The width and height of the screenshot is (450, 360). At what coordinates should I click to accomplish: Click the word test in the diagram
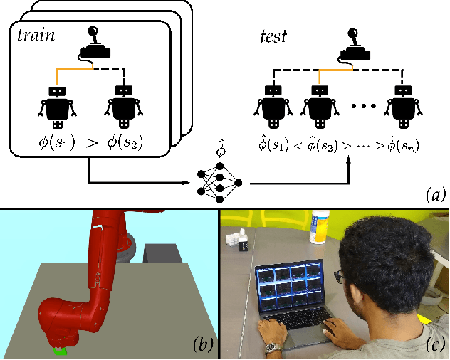click(x=273, y=36)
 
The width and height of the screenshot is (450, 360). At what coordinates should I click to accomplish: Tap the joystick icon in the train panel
click(x=93, y=43)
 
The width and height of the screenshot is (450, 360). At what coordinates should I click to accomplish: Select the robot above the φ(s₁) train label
click(x=58, y=106)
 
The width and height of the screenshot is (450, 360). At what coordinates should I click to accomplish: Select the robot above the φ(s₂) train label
click(x=125, y=106)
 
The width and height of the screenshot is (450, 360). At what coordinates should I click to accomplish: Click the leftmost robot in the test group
click(x=272, y=106)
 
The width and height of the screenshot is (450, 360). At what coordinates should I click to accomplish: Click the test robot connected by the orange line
click(x=317, y=106)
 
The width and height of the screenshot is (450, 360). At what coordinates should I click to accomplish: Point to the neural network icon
click(x=221, y=181)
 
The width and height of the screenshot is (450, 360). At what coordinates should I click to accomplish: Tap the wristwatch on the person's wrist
click(x=271, y=347)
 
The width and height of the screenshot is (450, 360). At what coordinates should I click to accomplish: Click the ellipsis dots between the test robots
click(x=363, y=107)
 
